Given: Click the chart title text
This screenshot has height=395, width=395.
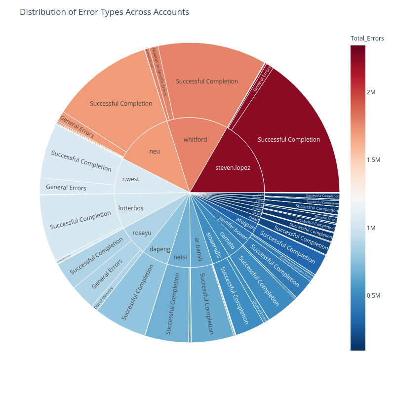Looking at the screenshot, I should (x=104, y=12).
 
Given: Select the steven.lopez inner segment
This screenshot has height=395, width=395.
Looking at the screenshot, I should (x=233, y=167).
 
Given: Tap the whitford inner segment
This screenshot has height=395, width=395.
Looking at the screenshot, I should (x=195, y=140).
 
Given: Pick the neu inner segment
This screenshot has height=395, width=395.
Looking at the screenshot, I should (x=155, y=151).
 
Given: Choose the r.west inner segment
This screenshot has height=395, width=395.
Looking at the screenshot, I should (x=130, y=179).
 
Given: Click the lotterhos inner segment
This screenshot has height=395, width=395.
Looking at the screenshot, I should (x=131, y=208).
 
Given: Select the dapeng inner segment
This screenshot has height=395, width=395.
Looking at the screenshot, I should (x=159, y=250).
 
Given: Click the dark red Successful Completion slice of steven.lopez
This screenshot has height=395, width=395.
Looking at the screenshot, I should (x=289, y=140).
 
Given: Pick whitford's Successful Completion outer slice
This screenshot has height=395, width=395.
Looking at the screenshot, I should (x=207, y=81).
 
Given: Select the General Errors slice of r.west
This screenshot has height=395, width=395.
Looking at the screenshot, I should (x=66, y=188).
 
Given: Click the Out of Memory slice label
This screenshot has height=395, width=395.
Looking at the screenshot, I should (x=104, y=298).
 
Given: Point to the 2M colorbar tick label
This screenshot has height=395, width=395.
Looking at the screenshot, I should (x=371, y=93).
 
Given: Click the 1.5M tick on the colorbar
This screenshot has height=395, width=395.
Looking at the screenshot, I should (x=374, y=160).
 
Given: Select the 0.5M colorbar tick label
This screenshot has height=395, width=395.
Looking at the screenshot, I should (x=374, y=296).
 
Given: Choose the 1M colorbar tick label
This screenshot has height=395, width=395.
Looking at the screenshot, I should (x=371, y=228).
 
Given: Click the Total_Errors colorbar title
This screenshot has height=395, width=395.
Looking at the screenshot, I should (x=367, y=38).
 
